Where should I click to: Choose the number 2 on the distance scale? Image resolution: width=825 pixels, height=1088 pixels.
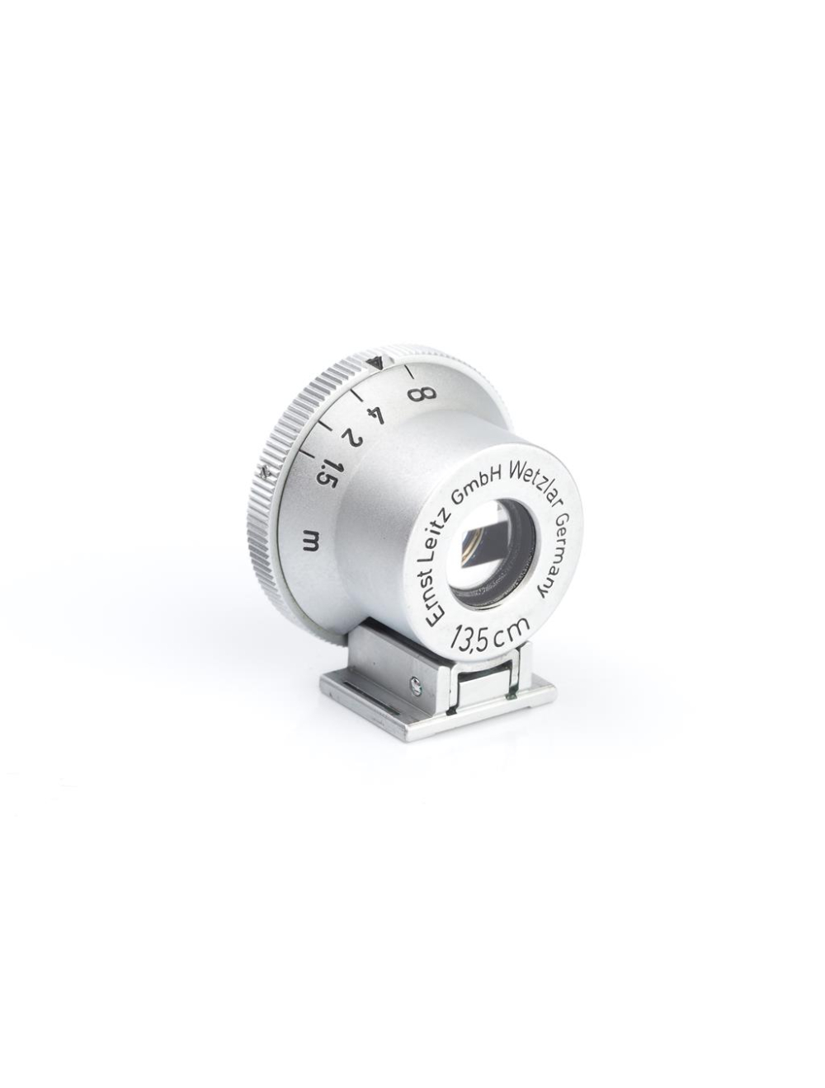(351, 435)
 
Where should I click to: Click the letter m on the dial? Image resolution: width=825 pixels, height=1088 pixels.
(313, 541)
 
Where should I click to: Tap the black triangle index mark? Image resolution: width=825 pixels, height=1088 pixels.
(377, 359)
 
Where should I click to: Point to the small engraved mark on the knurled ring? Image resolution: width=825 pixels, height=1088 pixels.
(264, 472)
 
